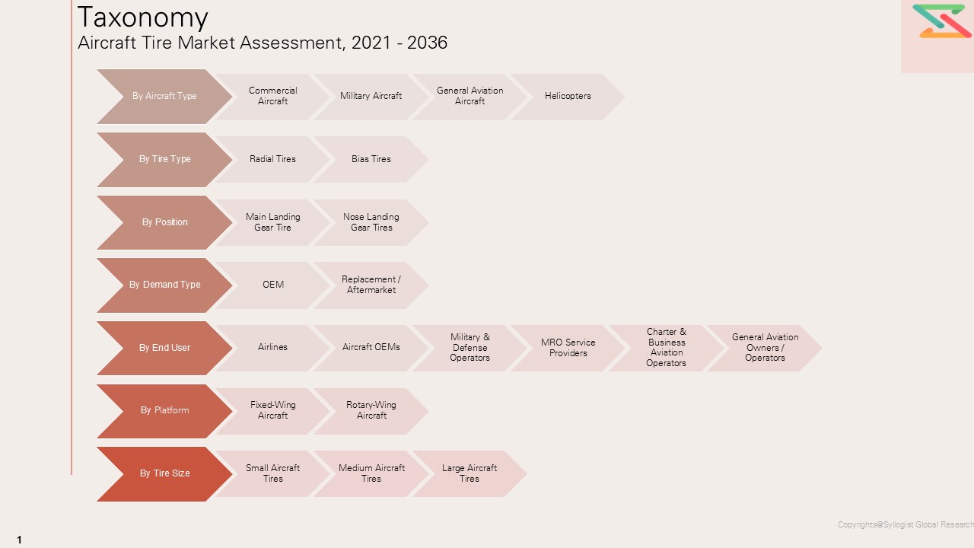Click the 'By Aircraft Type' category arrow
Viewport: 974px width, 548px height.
(x=164, y=97)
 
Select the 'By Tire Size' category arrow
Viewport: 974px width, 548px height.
(x=164, y=473)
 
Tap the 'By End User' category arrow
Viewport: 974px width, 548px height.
(x=164, y=348)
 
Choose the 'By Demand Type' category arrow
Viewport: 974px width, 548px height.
(x=164, y=285)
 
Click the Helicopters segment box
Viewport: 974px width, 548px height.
(x=568, y=97)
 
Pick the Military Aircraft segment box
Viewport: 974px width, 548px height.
(x=371, y=97)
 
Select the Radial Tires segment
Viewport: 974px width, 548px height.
(x=272, y=159)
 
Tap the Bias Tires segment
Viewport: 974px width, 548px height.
(x=371, y=159)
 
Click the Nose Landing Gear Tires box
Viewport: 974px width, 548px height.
(x=371, y=222)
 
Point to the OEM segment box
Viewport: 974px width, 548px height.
(x=272, y=285)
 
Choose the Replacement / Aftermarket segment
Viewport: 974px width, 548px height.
(x=371, y=285)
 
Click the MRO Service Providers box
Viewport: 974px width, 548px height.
(x=568, y=348)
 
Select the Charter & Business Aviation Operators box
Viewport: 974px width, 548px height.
(x=666, y=348)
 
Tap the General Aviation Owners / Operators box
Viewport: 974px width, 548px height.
(x=764, y=348)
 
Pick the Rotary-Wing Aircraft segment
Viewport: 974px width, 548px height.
(x=371, y=410)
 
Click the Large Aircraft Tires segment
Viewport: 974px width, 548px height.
(x=469, y=473)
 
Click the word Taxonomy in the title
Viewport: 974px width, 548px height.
(x=143, y=17)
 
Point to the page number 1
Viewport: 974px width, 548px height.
(x=19, y=540)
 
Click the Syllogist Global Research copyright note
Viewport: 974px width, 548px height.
(x=905, y=524)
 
